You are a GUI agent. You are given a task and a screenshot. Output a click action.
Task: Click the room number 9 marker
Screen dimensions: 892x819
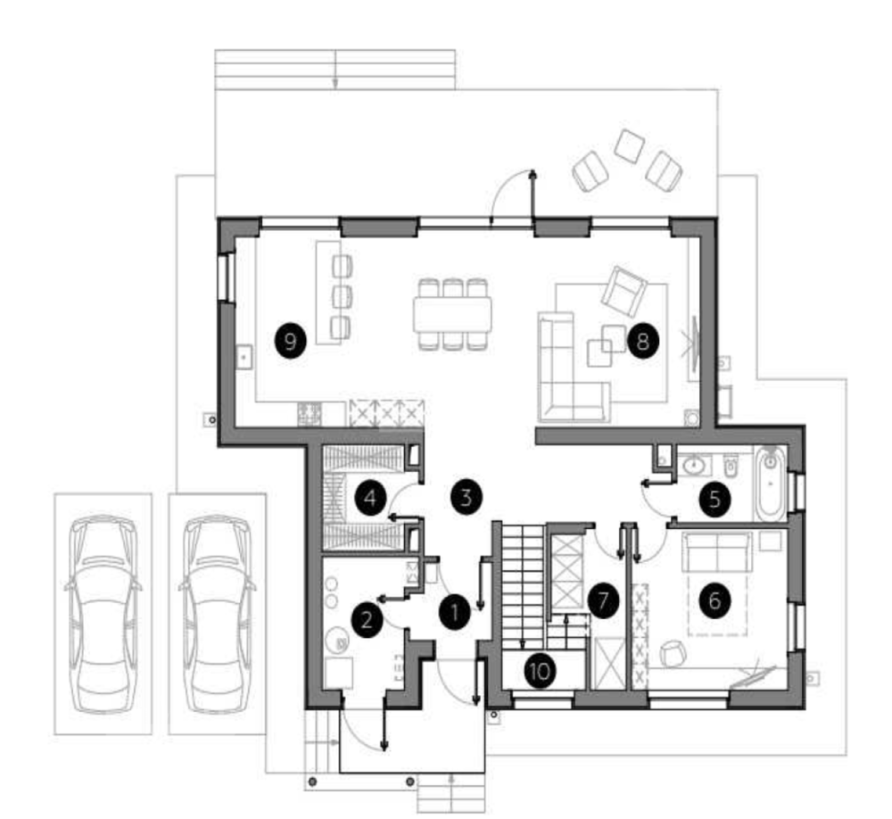tap(290, 342)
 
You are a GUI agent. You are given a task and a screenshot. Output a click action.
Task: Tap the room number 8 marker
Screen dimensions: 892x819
tap(643, 342)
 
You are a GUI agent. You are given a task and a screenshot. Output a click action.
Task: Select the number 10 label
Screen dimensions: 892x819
tap(540, 672)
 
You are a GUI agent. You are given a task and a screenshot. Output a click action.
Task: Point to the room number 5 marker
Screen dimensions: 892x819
tap(715, 499)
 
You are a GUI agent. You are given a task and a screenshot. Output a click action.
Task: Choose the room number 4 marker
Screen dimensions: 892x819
tap(370, 499)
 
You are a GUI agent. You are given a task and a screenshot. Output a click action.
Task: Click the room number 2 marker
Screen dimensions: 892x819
tap(367, 620)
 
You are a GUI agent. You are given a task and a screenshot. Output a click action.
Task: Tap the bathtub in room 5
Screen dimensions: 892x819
tap(771, 484)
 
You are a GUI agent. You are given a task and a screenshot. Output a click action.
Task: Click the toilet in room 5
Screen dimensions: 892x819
tap(731, 465)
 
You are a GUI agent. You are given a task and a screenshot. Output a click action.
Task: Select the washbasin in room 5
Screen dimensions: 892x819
tap(693, 465)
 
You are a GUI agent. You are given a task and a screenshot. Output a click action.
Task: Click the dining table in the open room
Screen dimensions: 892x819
tap(452, 315)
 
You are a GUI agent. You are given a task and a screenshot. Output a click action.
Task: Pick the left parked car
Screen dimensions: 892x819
tap(103, 614)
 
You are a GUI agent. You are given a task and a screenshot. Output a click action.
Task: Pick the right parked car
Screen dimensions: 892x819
tap(217, 614)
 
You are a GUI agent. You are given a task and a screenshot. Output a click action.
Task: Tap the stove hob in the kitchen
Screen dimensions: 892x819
tap(310, 413)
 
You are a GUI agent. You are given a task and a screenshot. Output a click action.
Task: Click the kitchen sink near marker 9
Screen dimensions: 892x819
tap(244, 358)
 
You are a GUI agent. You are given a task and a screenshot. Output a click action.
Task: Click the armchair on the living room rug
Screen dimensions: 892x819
tap(624, 291)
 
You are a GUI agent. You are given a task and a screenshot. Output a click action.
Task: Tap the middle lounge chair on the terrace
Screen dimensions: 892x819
tap(629, 145)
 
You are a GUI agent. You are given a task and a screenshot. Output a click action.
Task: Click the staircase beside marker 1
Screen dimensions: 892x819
tap(524, 585)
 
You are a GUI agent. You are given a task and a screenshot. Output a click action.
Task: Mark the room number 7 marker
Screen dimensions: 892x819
tap(603, 600)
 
